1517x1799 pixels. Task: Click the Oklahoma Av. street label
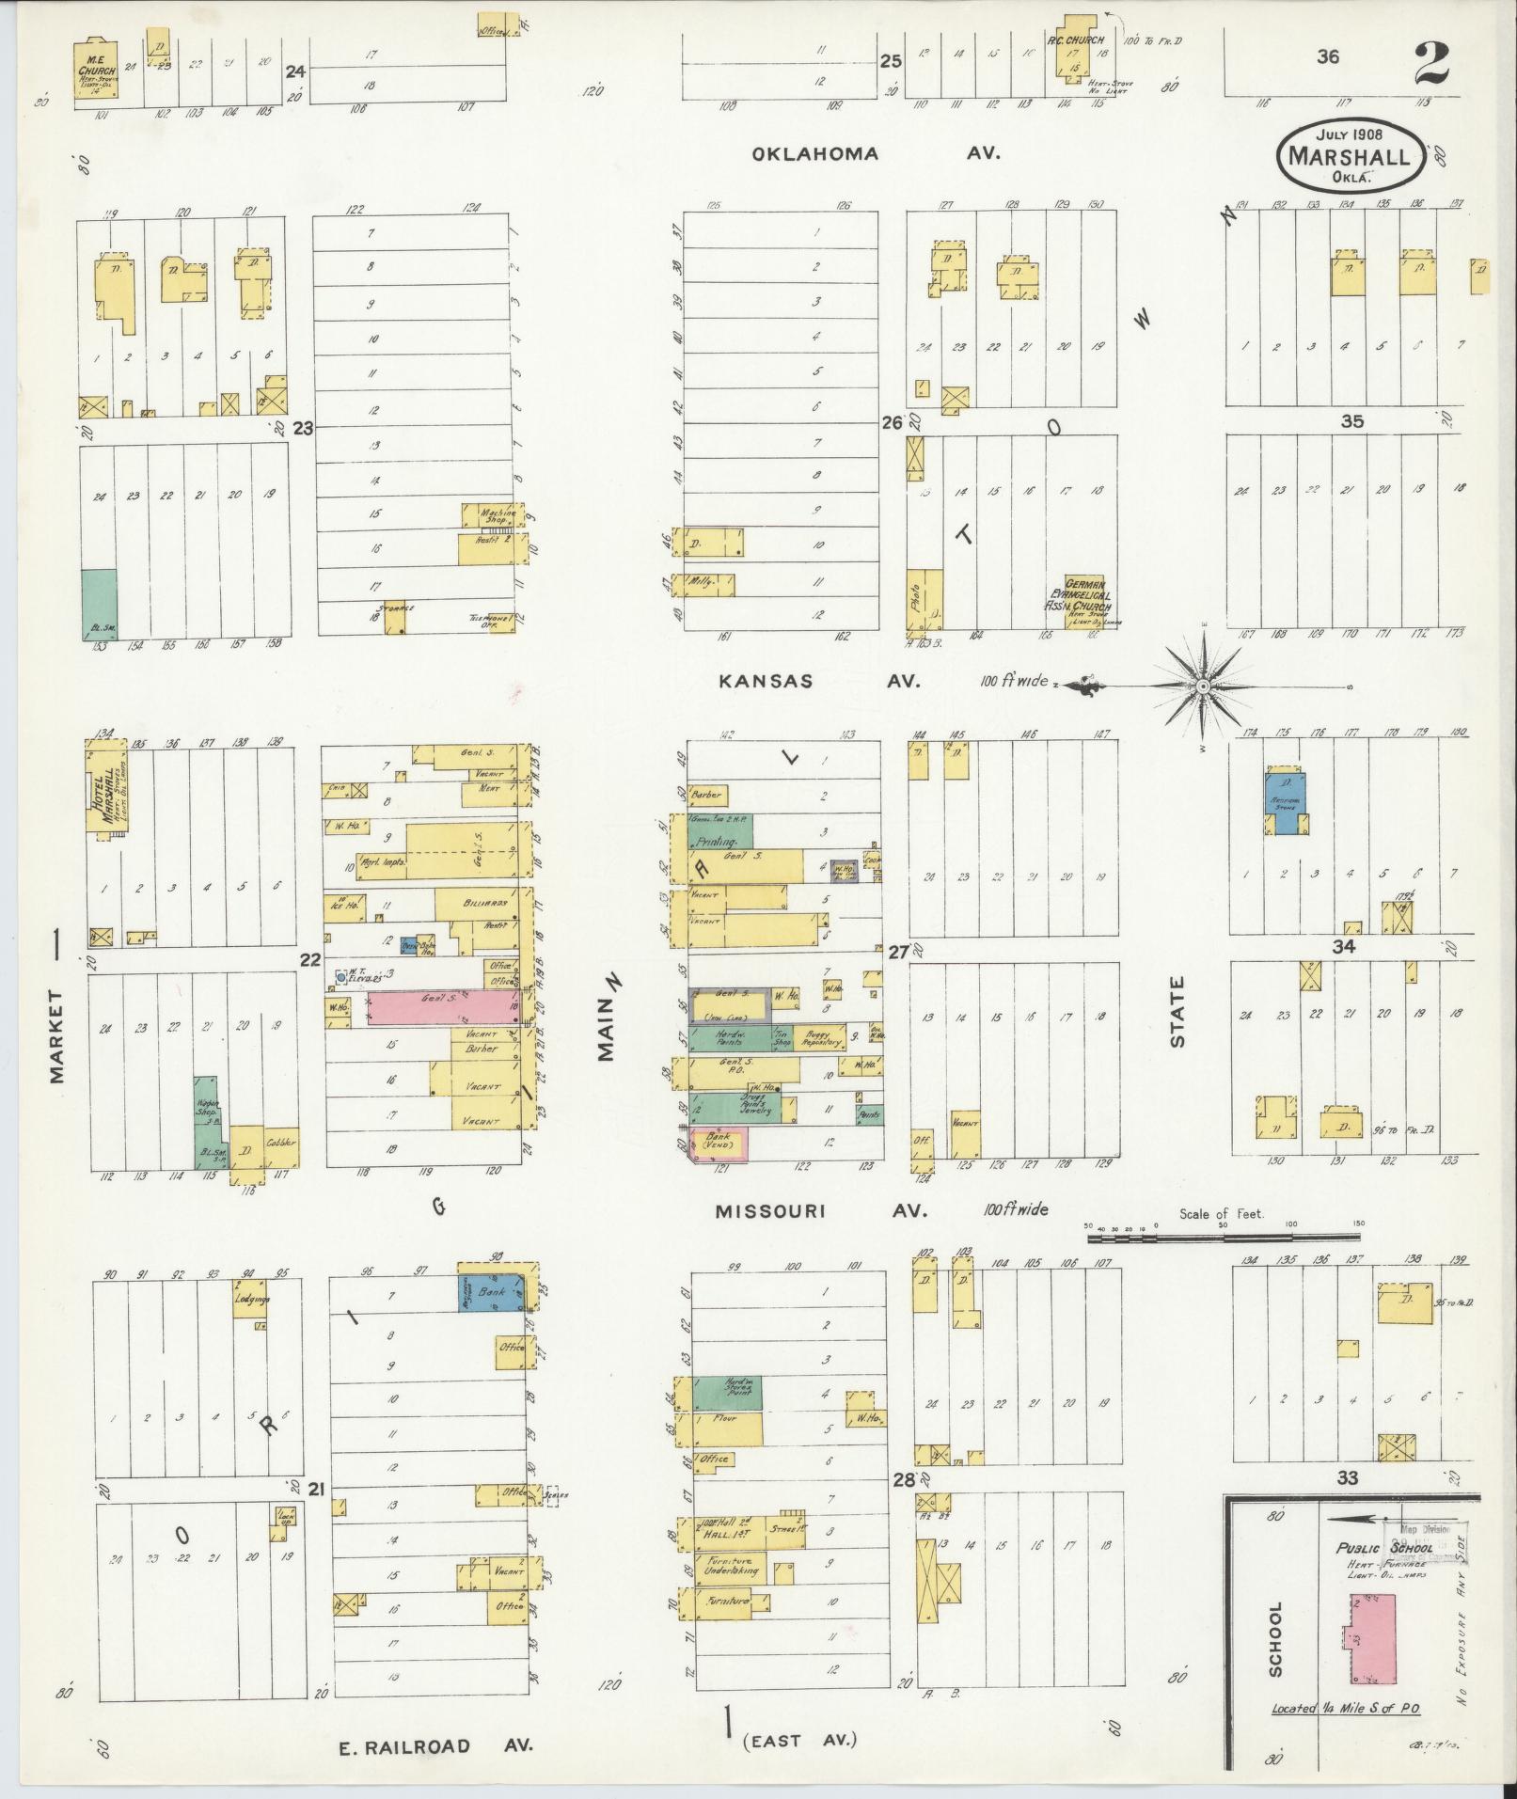(875, 154)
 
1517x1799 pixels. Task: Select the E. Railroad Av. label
(436, 1746)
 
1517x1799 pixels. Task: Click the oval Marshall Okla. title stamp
(1350, 154)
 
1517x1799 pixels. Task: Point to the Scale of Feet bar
(1223, 1239)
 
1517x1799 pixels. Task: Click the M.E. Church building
(95, 68)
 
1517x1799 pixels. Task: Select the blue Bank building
(492, 1292)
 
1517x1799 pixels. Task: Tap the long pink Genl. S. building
(441, 1008)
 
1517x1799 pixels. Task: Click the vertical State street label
(1177, 1011)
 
